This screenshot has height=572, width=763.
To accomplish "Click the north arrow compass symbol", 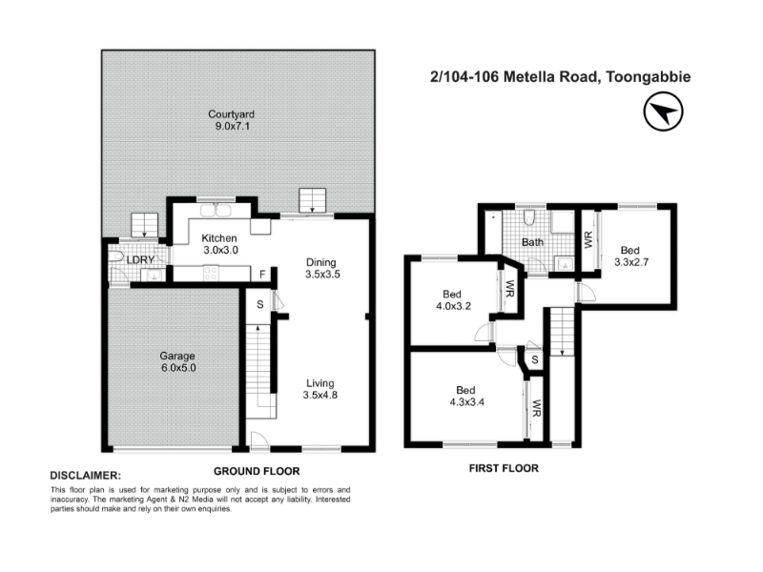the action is (663, 112).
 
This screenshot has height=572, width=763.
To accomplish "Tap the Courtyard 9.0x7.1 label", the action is (231, 120).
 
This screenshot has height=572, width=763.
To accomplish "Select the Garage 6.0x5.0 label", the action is (177, 362).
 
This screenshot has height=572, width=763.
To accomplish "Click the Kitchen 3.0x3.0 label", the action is (219, 244).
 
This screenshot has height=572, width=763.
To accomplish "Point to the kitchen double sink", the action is (216, 211).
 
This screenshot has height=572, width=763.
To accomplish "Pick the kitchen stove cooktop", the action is (211, 273).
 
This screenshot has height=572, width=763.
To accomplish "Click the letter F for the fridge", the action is (262, 275).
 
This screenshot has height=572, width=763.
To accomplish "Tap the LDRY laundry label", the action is (140, 260).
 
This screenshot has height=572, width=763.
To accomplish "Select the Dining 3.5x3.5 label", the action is (322, 268).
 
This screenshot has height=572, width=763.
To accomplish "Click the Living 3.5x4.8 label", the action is (320, 389).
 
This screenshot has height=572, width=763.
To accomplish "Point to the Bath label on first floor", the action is (532, 242).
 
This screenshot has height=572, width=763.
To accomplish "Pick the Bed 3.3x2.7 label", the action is (630, 256).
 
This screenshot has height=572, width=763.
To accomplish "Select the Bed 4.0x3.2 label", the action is (453, 300).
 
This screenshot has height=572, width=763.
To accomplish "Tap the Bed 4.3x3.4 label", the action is (466, 396).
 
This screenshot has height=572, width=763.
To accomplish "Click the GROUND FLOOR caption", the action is (257, 471).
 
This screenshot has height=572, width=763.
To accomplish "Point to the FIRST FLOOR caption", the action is (504, 468).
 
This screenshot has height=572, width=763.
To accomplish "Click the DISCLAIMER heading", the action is (86, 476).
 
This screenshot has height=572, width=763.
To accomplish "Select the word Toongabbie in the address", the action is (648, 77).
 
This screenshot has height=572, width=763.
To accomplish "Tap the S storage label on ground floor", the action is (260, 304).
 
